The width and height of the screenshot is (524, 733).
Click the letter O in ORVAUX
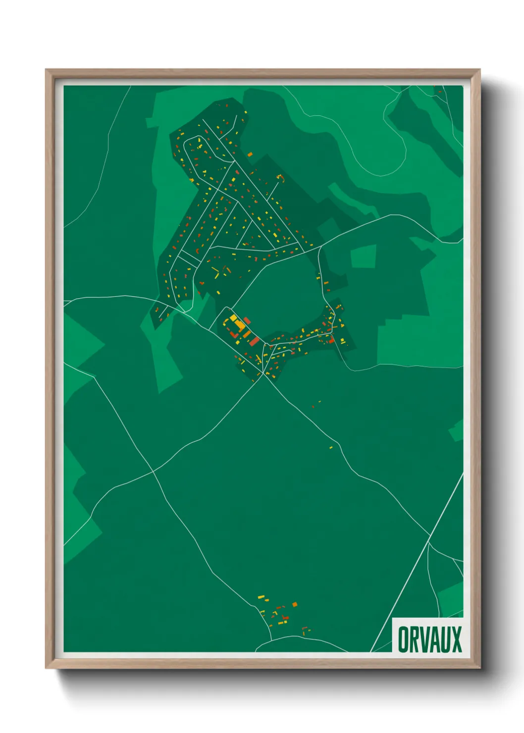pos(404,639)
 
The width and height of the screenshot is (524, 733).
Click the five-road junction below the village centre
pos(265,375)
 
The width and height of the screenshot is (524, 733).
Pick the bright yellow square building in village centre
pos(239,324)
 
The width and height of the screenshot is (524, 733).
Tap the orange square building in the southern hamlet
pos(295,604)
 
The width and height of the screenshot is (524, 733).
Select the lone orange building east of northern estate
pos(250,154)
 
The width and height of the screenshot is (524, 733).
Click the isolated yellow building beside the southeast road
pos(331,447)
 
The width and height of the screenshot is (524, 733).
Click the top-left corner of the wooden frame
pos(47,70)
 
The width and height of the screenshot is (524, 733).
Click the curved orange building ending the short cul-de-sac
pos(282,177)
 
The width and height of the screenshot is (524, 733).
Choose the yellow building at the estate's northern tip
pos(245,113)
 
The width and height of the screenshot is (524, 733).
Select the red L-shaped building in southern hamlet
pos(285,617)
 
